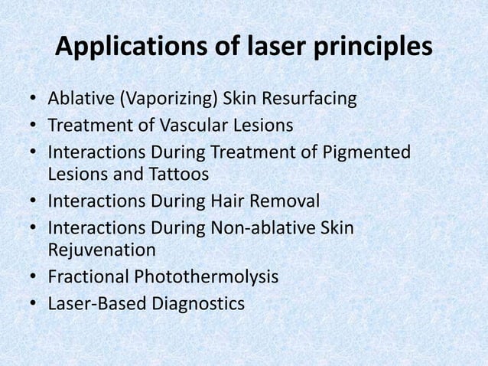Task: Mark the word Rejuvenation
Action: [102, 250]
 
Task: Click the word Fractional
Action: [88, 276]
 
